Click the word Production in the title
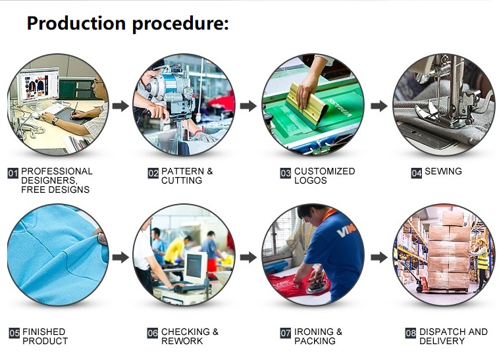click(76, 24)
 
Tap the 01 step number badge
click(13, 173)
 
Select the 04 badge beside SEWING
click(416, 173)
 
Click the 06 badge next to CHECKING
click(153, 333)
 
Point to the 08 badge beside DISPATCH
click(411, 333)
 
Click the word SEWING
click(443, 171)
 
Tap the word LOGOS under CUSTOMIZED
click(311, 180)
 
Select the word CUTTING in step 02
click(182, 180)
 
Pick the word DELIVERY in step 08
click(442, 341)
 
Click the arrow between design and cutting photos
click(120, 106)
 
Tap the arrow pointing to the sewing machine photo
click(379, 106)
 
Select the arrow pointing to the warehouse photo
click(379, 257)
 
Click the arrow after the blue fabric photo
click(120, 257)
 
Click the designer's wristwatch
click(55, 120)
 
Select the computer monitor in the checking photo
click(195, 268)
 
